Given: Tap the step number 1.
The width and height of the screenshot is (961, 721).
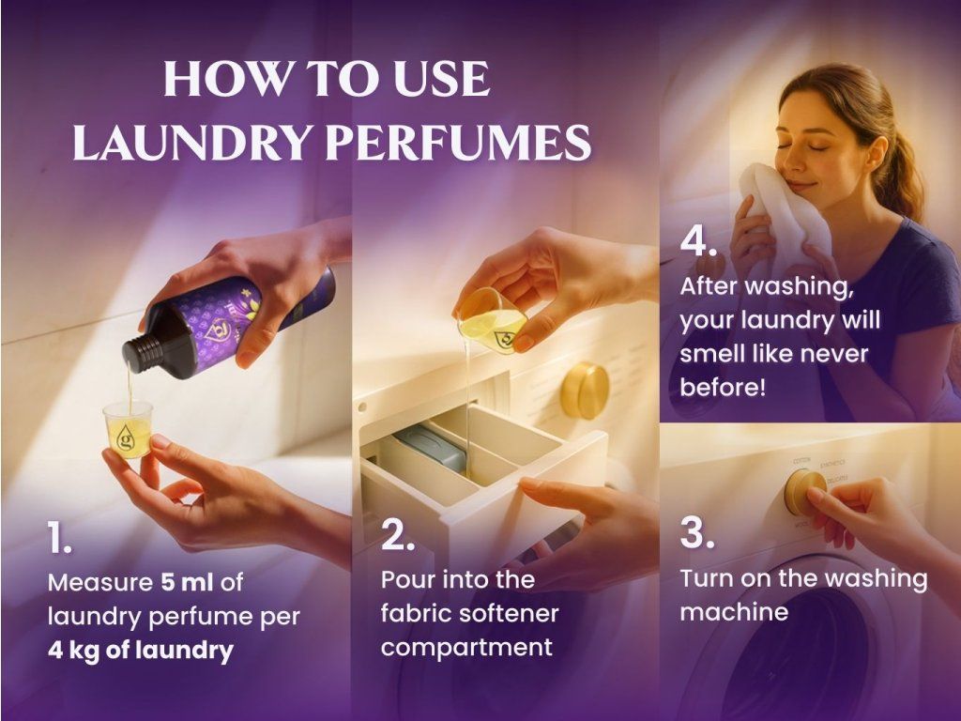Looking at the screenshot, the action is pyautogui.click(x=59, y=538).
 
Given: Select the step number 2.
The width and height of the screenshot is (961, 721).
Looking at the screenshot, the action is pyautogui.click(x=398, y=534).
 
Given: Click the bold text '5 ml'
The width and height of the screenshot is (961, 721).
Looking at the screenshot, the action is pyautogui.click(x=188, y=582).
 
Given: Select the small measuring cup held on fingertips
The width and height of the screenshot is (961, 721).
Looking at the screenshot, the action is pyautogui.click(x=128, y=430).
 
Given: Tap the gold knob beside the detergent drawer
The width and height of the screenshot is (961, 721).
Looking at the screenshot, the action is pyautogui.click(x=585, y=391).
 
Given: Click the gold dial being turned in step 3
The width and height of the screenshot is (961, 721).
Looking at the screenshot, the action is pyautogui.click(x=804, y=492).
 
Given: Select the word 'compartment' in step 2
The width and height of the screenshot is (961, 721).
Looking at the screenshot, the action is pyautogui.click(x=466, y=648).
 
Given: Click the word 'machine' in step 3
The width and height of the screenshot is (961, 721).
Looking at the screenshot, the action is pyautogui.click(x=734, y=612).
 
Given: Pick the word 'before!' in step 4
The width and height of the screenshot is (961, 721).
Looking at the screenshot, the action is pyautogui.click(x=723, y=388).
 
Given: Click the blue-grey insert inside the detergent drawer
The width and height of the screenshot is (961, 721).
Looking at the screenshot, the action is pyautogui.click(x=431, y=447).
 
